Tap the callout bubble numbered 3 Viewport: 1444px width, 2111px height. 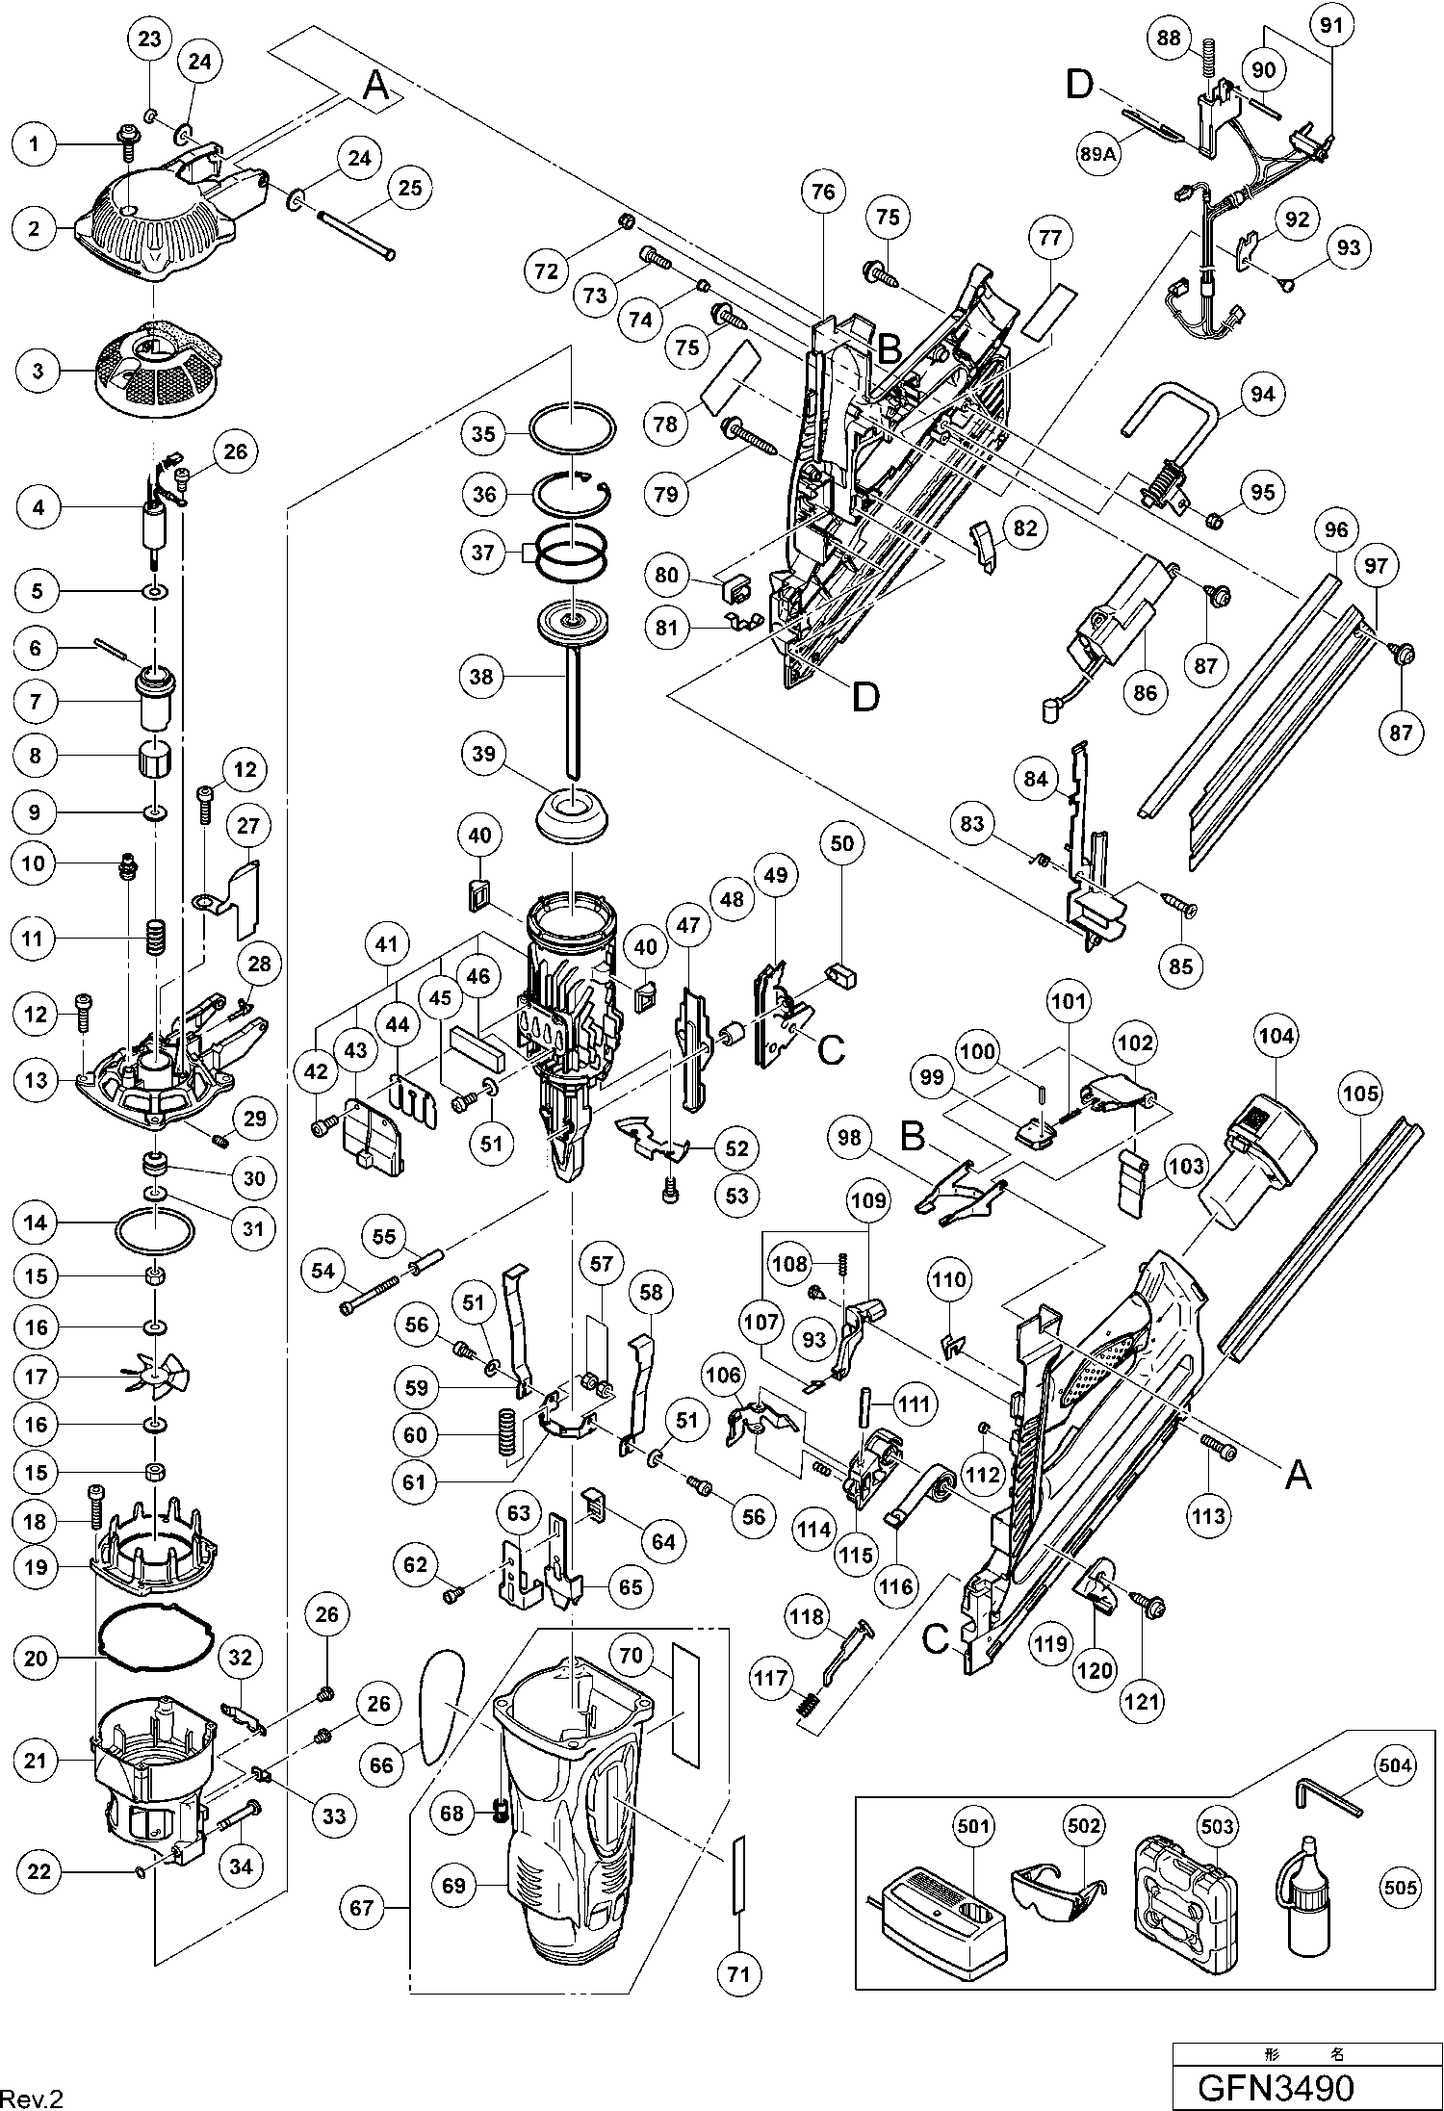(39, 371)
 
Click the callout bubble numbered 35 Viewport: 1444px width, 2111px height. (483, 434)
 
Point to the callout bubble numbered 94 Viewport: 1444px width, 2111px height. (1262, 394)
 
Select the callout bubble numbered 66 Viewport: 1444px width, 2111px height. (382, 1763)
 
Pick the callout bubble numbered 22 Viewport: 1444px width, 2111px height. (39, 1872)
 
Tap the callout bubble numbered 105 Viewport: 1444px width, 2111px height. (1360, 1094)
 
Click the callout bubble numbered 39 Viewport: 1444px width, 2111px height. (483, 755)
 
